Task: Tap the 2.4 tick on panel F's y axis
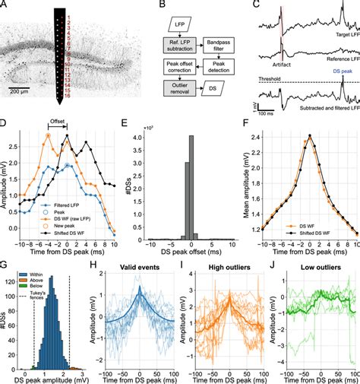pos(255,139)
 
